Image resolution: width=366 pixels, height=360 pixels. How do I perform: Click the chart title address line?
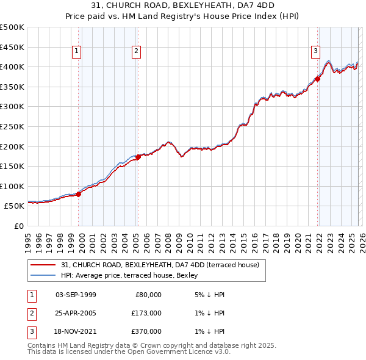click(183, 5)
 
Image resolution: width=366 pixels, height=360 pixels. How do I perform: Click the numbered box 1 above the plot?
click(77, 52)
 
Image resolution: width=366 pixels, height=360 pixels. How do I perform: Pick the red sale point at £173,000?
click(138, 157)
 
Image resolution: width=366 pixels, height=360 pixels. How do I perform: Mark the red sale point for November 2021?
click(318, 79)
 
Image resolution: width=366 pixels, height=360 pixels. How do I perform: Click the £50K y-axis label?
click(14, 206)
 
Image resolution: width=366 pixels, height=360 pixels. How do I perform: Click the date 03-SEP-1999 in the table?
click(76, 295)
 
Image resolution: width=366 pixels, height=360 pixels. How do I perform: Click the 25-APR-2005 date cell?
click(76, 313)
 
